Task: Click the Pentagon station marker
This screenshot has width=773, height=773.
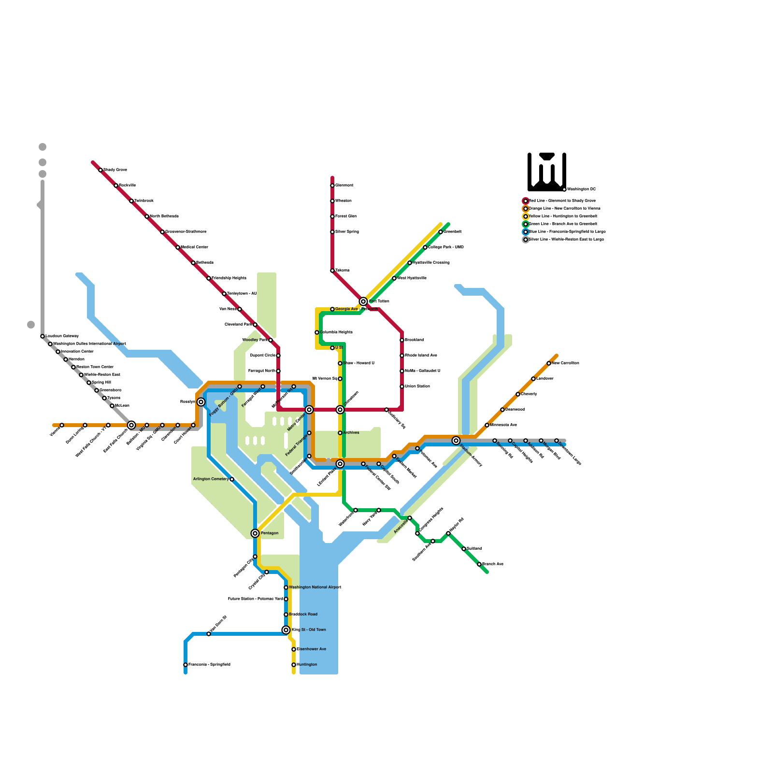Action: (x=255, y=533)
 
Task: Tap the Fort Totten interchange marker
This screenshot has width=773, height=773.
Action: (x=363, y=301)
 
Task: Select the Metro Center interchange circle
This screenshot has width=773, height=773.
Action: (x=309, y=410)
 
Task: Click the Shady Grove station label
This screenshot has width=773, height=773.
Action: (x=115, y=170)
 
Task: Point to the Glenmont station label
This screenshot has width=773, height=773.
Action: (x=344, y=186)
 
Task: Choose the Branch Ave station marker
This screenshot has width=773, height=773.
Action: (x=479, y=564)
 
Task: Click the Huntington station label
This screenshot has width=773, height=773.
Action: (x=307, y=665)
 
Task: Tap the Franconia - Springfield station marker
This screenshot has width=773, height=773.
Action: (x=186, y=665)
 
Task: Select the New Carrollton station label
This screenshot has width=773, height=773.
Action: (x=565, y=363)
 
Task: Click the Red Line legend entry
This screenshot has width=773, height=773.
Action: (x=562, y=201)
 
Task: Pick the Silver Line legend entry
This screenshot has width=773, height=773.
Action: (x=566, y=240)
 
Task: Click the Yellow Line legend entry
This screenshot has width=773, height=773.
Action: (x=562, y=216)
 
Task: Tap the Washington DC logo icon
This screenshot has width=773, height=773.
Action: (x=546, y=172)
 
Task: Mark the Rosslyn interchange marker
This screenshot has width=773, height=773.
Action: (x=201, y=402)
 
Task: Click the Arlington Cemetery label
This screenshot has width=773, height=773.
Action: (x=211, y=479)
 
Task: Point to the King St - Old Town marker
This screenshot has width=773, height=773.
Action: (x=286, y=630)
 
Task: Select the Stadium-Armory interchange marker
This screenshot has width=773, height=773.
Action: (x=456, y=441)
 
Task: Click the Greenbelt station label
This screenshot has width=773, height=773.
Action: (x=453, y=232)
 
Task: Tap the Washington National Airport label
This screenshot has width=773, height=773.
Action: (x=315, y=587)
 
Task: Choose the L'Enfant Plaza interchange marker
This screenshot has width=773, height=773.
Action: (x=340, y=464)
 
